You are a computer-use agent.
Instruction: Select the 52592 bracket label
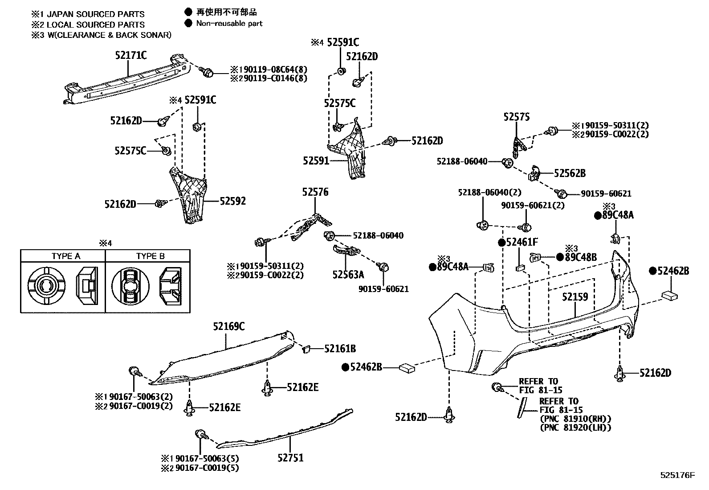(232, 201)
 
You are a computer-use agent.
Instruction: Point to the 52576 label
(315, 192)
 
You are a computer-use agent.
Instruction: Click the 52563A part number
(348, 274)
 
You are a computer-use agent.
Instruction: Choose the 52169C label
(228, 326)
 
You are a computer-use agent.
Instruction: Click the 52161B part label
(340, 349)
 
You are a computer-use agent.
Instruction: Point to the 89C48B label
(581, 257)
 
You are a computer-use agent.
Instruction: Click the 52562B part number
(570, 173)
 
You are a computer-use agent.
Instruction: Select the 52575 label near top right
(517, 117)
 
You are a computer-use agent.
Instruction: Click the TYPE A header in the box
(66, 256)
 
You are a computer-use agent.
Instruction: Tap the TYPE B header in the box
(151, 256)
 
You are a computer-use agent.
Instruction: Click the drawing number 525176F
(677, 476)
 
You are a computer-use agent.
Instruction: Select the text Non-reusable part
(229, 23)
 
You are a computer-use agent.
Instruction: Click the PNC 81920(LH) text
(575, 428)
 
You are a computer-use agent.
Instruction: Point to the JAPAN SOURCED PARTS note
(95, 14)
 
